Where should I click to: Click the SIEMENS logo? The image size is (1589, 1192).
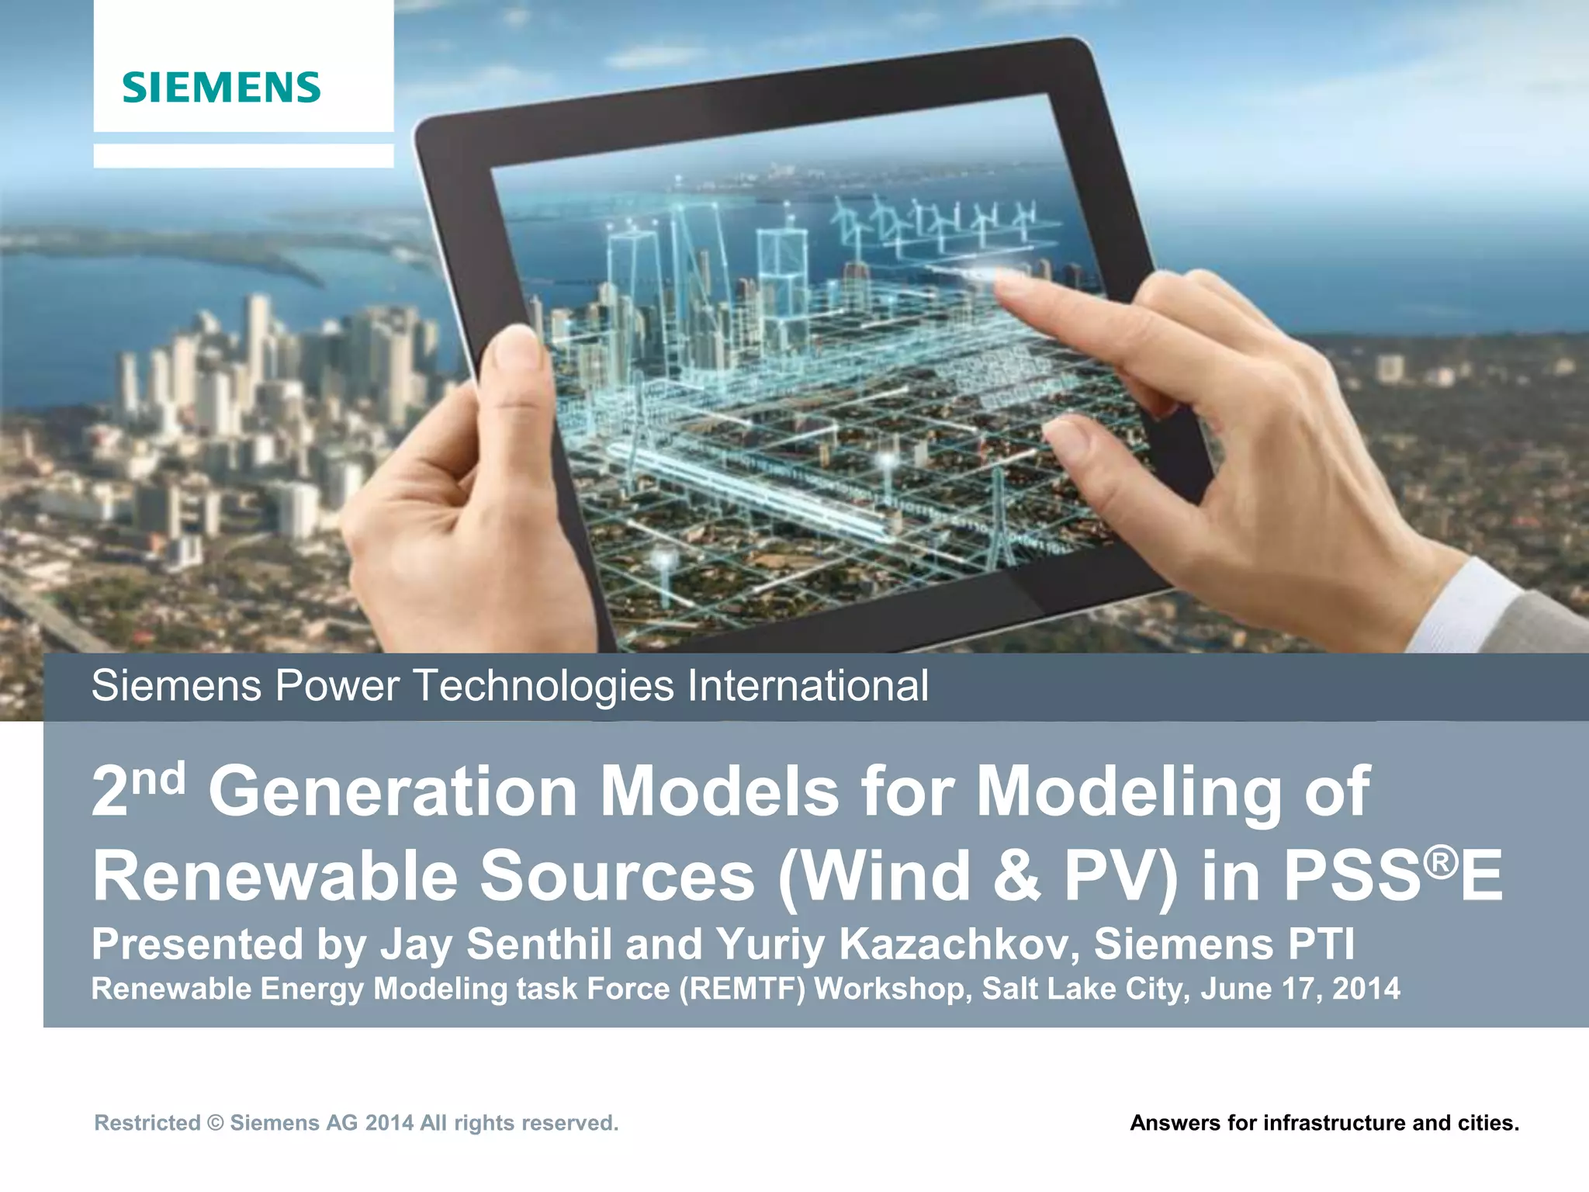pos(221,87)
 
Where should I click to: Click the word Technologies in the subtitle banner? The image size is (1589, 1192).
pos(543,686)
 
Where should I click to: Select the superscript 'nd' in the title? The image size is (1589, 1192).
pos(158,778)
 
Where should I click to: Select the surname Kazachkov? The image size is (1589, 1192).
pos(957,944)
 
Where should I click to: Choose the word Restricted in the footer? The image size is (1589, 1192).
pos(147,1123)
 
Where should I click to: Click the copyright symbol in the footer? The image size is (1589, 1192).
pos(216,1123)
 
